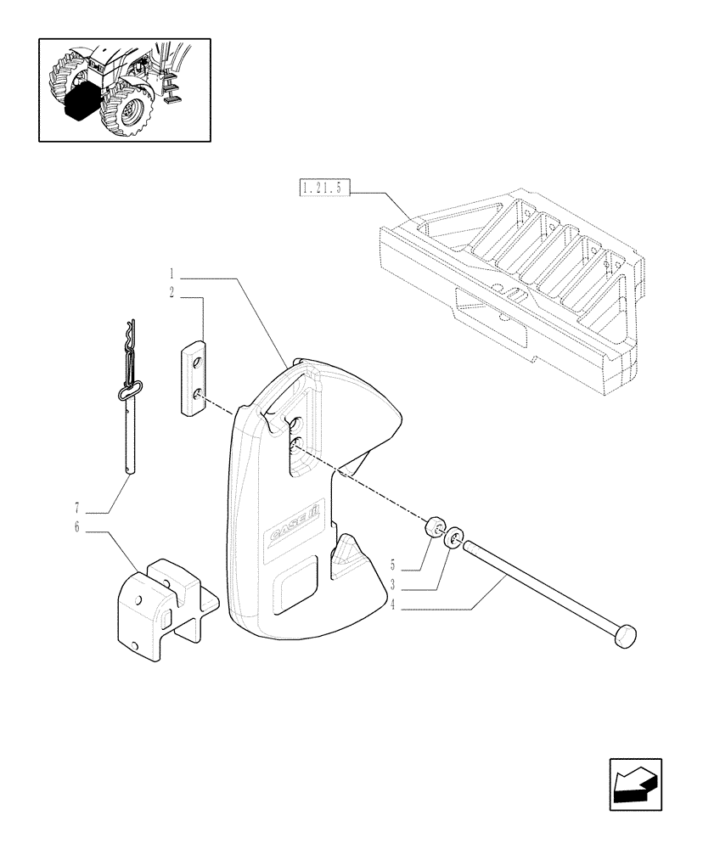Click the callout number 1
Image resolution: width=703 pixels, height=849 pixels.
172,274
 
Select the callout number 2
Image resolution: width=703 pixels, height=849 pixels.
172,293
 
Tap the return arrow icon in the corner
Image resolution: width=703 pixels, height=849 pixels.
635,784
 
